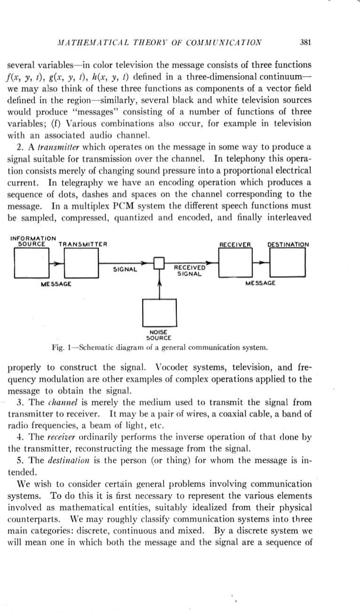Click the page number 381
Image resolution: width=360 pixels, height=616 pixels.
306,42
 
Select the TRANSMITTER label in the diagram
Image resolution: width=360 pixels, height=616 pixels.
83,244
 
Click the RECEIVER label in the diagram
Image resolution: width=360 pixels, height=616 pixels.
236,244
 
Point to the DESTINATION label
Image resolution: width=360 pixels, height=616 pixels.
288,244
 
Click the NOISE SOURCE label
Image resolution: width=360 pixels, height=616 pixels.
159,335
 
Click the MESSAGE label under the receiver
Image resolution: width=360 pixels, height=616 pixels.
261,284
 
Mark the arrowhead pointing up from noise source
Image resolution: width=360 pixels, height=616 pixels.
160,284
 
